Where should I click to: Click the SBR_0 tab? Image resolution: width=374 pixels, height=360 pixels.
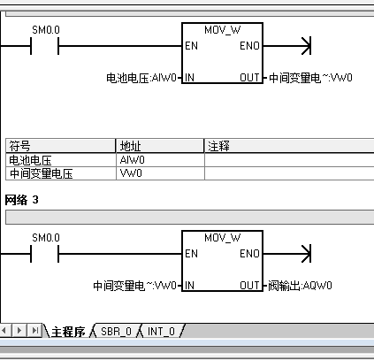(116, 332)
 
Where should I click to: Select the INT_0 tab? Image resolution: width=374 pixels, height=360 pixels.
(161, 332)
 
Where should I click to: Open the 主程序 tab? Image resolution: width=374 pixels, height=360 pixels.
(68, 332)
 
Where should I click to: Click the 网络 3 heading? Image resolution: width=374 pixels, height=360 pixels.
(21, 200)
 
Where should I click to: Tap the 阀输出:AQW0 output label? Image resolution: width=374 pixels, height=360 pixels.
(300, 286)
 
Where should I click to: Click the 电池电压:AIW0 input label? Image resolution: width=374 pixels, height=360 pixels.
(141, 78)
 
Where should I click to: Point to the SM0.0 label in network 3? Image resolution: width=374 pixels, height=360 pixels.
(46, 237)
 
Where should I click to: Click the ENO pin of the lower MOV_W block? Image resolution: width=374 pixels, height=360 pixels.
(249, 254)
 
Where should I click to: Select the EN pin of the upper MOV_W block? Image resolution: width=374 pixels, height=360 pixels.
(191, 46)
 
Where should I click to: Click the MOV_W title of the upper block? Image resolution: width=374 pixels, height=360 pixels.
(223, 30)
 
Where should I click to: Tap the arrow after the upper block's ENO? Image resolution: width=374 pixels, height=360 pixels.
(286, 46)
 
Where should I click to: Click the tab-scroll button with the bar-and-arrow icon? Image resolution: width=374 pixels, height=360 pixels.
(35, 330)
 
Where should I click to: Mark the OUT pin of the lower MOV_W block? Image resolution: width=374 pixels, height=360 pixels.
(249, 285)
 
